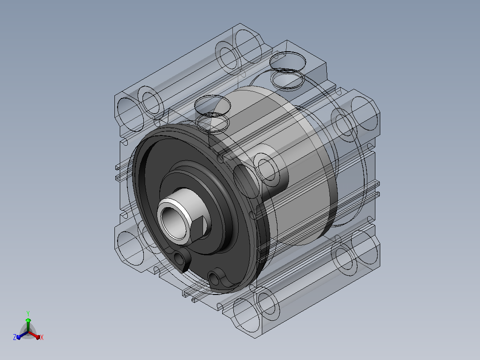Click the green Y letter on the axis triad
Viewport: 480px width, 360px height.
click(28, 314)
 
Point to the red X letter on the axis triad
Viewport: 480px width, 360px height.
click(42, 337)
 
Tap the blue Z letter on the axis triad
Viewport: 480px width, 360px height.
click(14, 337)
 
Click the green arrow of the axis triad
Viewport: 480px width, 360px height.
click(28, 323)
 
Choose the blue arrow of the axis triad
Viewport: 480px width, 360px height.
click(22, 335)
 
